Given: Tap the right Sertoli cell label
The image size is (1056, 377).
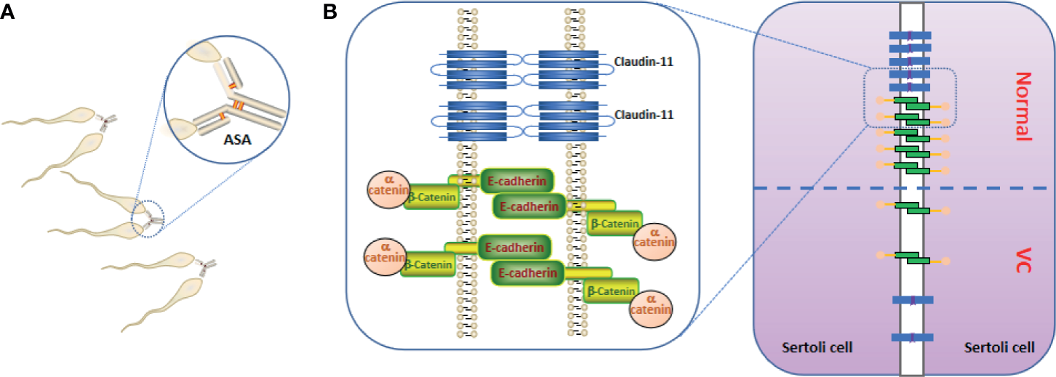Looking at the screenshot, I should pyautogui.click(x=1000, y=348).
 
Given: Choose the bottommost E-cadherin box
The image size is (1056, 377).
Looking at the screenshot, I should pyautogui.click(x=529, y=273).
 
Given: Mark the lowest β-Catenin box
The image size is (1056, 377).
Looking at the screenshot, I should pyautogui.click(x=611, y=291).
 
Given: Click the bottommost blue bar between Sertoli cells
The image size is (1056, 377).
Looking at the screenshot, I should pyautogui.click(x=912, y=337).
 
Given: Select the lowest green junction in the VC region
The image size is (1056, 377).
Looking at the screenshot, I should pyautogui.click(x=912, y=256).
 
